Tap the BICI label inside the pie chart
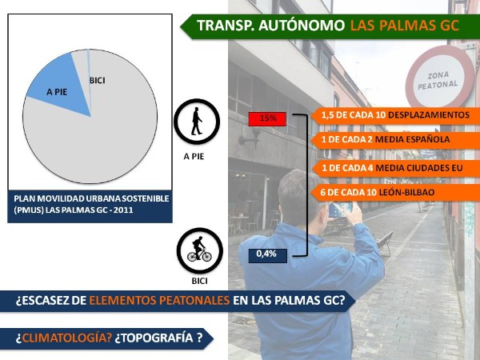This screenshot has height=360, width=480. click(x=98, y=81)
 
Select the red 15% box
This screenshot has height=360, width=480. click(x=267, y=118)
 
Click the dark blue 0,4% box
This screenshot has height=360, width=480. click(x=267, y=254)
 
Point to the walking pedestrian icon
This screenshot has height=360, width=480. click(x=197, y=122)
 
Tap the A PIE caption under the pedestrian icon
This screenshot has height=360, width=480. click(x=194, y=157)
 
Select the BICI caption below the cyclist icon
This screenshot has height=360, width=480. click(x=199, y=281)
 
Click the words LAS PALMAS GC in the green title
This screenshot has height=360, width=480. click(x=404, y=26)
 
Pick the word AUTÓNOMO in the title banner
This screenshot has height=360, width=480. click(x=302, y=25)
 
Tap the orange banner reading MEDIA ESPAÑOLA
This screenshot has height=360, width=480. click(x=395, y=139)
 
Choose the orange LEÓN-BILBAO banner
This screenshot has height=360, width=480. click(x=395, y=193)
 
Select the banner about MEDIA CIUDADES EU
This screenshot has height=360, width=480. click(x=395, y=168)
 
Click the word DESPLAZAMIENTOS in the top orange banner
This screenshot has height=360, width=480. click(x=429, y=115)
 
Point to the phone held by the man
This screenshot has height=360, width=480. click(x=341, y=210)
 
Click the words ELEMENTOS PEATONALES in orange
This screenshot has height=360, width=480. click(x=159, y=300)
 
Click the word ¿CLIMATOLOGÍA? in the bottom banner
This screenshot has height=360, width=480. click(x=64, y=338)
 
